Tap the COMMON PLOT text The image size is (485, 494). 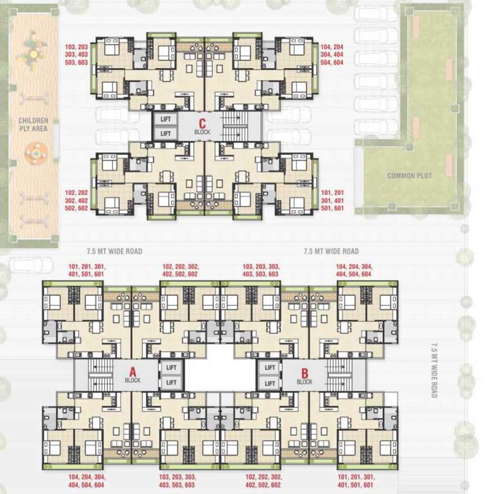[x=409, y=176]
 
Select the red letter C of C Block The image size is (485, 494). [x=202, y=123]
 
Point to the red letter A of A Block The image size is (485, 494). [x=133, y=372]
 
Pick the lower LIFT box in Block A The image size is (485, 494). [x=171, y=382]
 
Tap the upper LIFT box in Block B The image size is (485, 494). [x=270, y=367]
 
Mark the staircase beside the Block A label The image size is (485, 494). [x=100, y=374]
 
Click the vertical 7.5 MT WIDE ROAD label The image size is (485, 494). [x=434, y=370]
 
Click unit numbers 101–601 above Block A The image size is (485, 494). [x=87, y=270]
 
